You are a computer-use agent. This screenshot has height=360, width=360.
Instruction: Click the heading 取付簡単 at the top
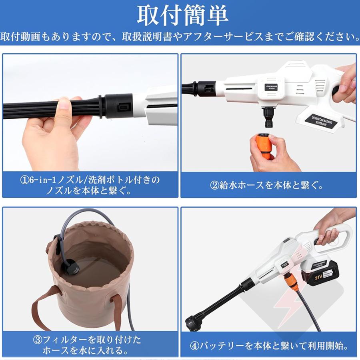click(x=182, y=15)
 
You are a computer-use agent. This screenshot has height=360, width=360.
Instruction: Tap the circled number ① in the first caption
click(x=25, y=180)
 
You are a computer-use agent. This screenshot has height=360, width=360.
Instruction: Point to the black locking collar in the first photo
click(x=119, y=107)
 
